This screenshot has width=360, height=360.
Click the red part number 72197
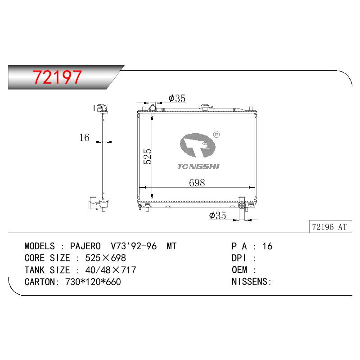(57, 77)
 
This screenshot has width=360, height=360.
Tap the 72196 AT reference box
(330, 227)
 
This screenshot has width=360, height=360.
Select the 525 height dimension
(148, 156)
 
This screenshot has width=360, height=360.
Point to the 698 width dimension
(197, 183)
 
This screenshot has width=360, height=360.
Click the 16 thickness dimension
(84, 138)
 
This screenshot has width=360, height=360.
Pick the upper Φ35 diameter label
(177, 98)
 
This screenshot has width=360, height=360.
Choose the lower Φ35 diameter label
(217, 216)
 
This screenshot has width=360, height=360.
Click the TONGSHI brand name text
(198, 166)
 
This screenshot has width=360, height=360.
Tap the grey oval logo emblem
(198, 145)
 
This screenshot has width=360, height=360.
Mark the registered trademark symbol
(216, 135)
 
